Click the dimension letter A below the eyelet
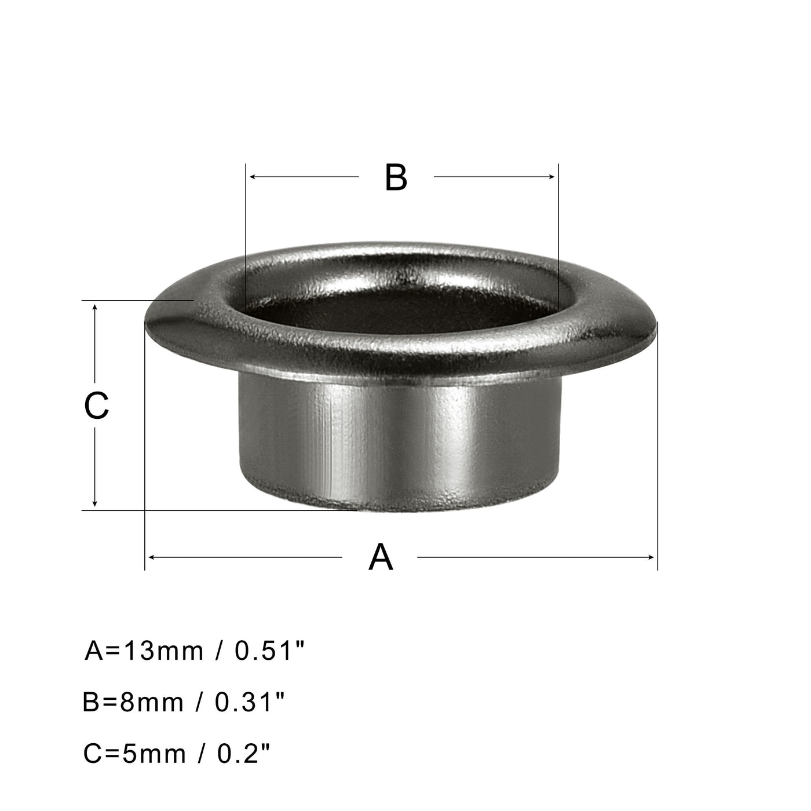(381, 557)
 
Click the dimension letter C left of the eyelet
(96, 405)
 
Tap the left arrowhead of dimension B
(251, 177)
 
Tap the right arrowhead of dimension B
(553, 177)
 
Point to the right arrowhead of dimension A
(652, 557)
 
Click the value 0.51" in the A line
(269, 651)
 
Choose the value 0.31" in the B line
(250, 703)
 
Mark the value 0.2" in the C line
(244, 754)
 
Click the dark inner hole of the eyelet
(400, 307)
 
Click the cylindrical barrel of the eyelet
(400, 446)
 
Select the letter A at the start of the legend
(94, 651)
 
